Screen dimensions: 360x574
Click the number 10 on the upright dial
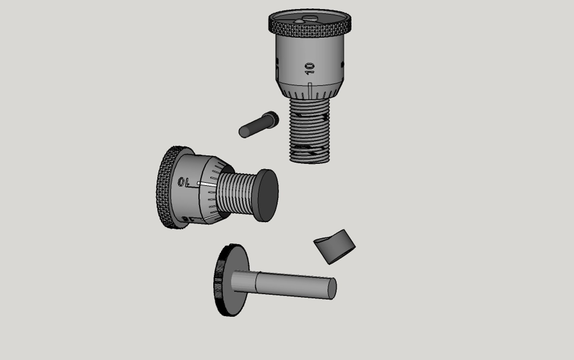310,68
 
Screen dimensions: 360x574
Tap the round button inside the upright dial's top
299,21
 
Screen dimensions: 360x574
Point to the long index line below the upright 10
310,90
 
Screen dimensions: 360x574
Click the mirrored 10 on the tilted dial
183,182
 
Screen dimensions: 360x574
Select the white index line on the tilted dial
207,184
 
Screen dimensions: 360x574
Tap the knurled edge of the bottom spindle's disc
219,280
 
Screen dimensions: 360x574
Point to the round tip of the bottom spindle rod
332,288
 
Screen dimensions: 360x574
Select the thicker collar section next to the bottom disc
243,282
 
